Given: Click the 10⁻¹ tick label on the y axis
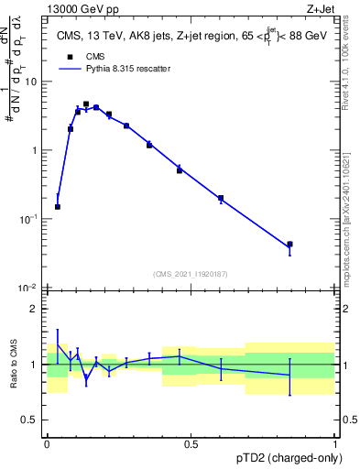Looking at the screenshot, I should (29, 219).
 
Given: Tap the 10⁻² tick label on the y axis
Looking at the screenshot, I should (29, 288).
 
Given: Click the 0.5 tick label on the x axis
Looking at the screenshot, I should (191, 444).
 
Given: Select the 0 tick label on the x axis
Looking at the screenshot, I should (47, 444).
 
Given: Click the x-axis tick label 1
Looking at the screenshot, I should (334, 444).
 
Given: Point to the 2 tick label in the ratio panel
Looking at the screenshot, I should (37, 309).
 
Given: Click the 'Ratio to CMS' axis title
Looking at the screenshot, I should (13, 365).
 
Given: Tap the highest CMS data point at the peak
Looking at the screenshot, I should (86, 104).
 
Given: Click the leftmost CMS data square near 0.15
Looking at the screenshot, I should (58, 207).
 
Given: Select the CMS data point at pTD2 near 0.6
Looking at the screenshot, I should (221, 198).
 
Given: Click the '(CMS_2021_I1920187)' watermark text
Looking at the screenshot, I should (191, 272).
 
